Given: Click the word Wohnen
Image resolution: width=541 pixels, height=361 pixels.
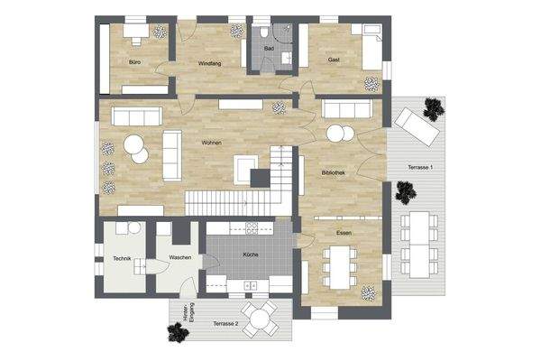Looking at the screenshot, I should pos(212,143).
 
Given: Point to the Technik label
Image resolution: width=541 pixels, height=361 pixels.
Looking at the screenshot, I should pos(123,258).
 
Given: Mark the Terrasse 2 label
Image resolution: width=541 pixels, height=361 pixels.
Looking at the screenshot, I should pos(225,323).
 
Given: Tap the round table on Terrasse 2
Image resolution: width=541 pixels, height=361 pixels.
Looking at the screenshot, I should pos(261,318).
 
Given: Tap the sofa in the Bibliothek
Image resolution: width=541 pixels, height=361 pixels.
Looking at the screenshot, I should pos(349,110).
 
